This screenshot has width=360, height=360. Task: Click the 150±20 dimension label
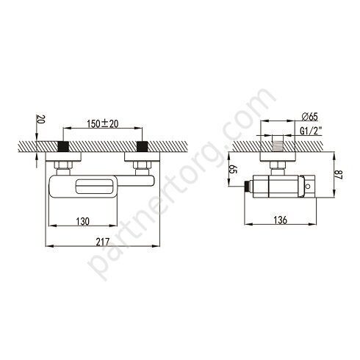point(103,123)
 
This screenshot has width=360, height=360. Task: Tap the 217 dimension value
point(103,242)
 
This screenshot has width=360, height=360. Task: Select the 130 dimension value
point(83,221)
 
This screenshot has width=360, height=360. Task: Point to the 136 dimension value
point(280,220)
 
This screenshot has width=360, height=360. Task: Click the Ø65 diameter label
point(309,117)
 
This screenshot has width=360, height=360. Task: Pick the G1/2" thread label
point(311,131)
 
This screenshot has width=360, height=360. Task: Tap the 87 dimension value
point(339,175)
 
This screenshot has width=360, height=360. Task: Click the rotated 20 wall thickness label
point(40,119)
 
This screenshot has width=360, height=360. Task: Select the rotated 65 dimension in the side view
point(233,169)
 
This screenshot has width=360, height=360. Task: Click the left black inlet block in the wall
point(63,146)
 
